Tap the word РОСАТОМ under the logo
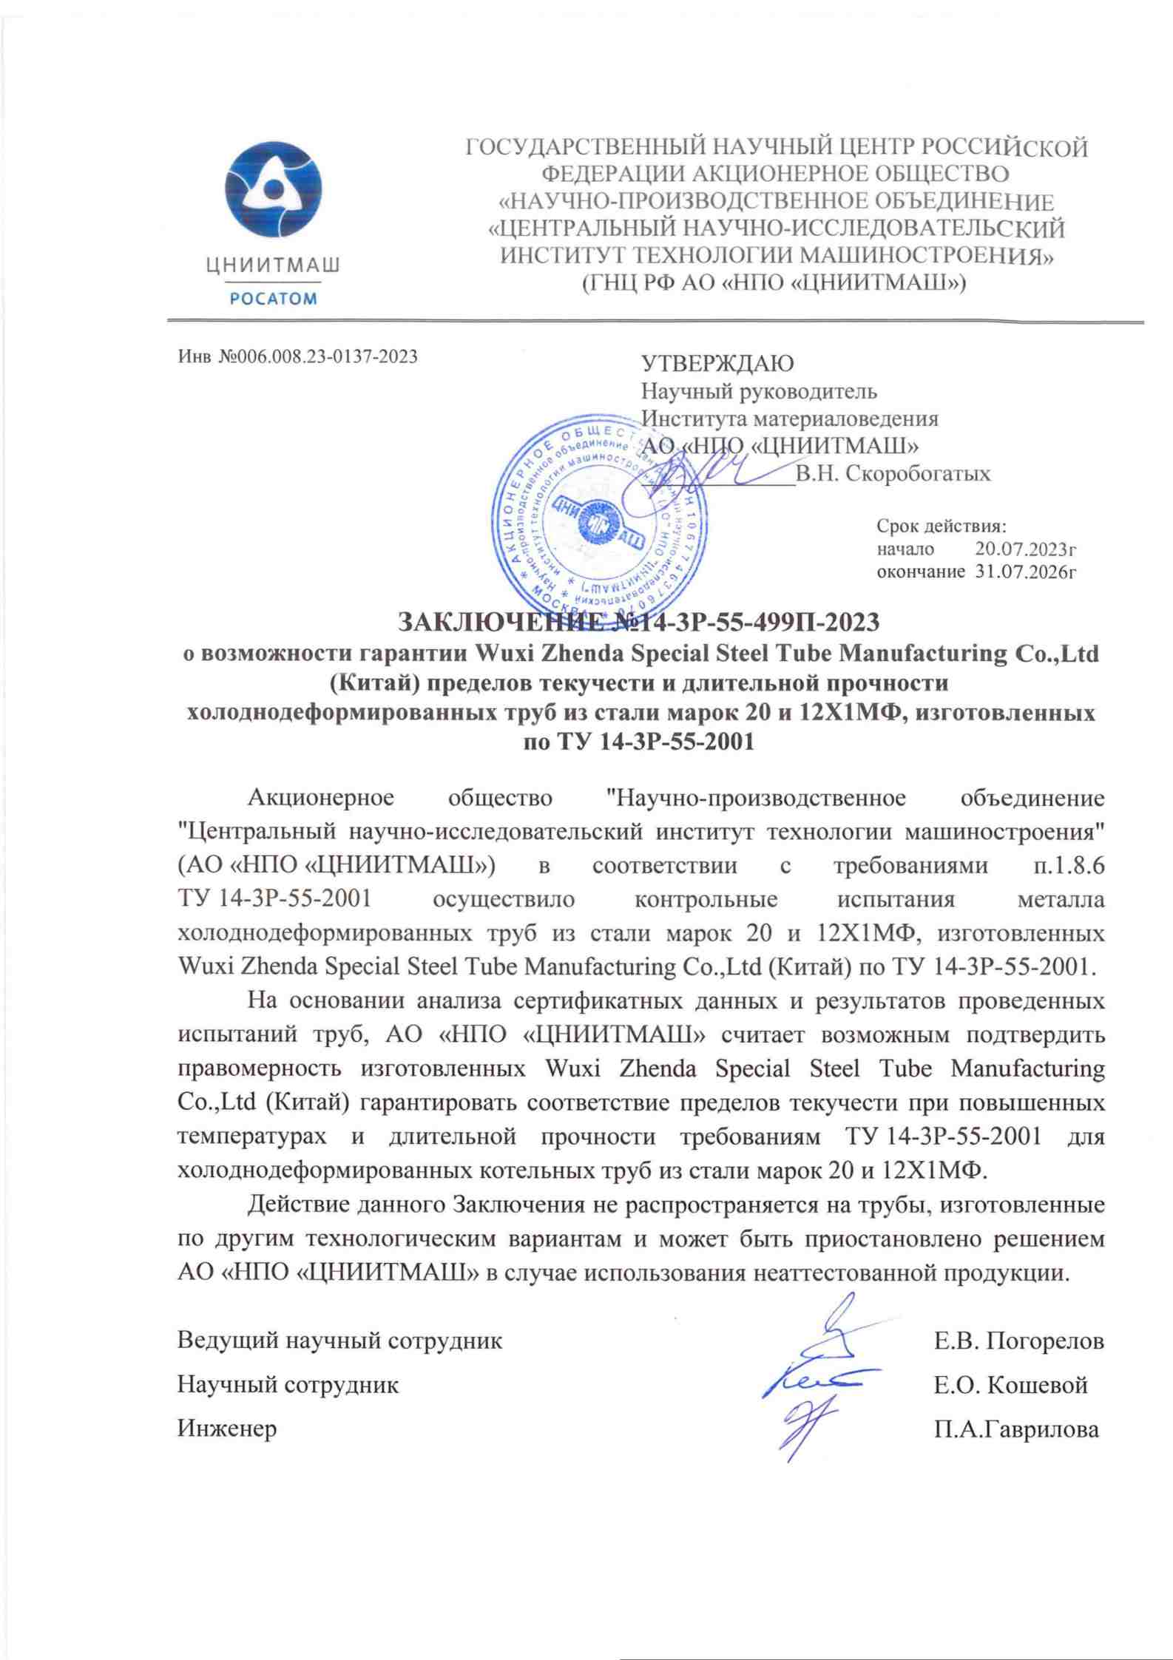point(273,299)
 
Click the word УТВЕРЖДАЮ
point(717,364)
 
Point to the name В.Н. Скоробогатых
point(892,474)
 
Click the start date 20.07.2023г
point(1024,549)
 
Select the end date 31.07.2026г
point(1024,572)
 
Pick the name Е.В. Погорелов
point(1019,1340)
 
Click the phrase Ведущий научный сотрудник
point(339,1340)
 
